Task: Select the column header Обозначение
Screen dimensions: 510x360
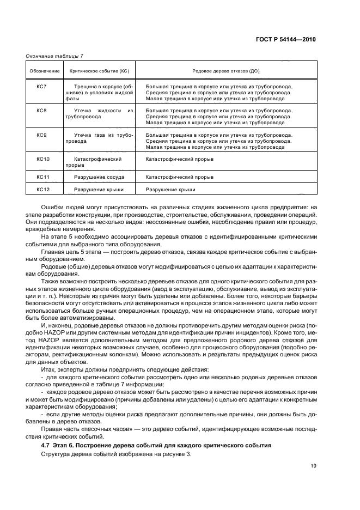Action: pos(41,71)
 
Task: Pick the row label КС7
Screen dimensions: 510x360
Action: pos(41,86)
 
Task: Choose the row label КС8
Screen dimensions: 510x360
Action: pos(41,111)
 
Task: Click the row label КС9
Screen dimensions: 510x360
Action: pos(41,135)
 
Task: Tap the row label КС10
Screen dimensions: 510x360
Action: pos(42,159)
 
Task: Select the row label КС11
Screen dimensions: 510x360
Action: pos(42,177)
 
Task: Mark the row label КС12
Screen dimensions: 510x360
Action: pos(42,190)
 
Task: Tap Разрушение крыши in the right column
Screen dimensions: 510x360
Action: pos(170,190)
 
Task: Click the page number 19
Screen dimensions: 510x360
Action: pos(313,465)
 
